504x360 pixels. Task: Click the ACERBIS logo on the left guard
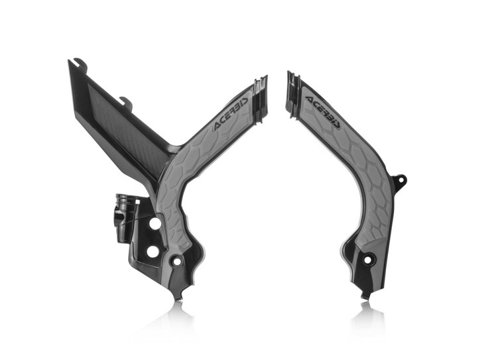pyautogui.click(x=231, y=114)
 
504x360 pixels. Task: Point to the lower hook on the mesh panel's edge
pyautogui.click(x=126, y=102)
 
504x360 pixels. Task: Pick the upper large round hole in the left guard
pyautogui.click(x=155, y=223)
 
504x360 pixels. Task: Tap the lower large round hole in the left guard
pyautogui.click(x=152, y=251)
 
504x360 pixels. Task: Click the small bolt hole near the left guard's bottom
pyautogui.click(x=177, y=262)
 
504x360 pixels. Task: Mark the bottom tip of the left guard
pyautogui.click(x=175, y=295)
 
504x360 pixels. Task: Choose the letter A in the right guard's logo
pyautogui.click(x=309, y=101)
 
